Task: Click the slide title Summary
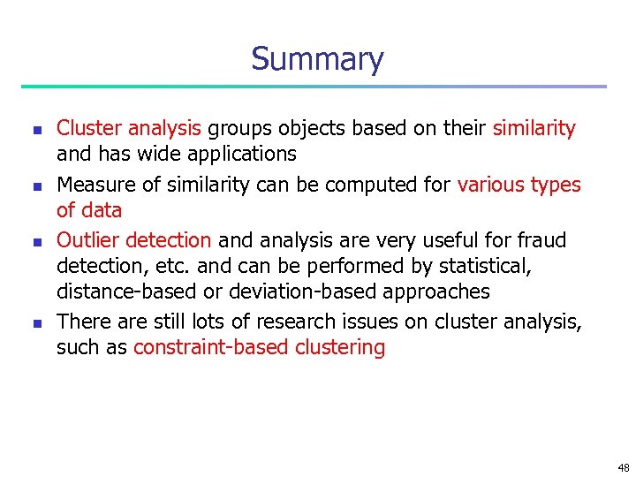pyautogui.click(x=317, y=59)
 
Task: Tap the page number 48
pyautogui.click(x=624, y=468)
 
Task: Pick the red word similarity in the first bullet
pyautogui.click(x=534, y=128)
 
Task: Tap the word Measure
pyautogui.click(x=95, y=185)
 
